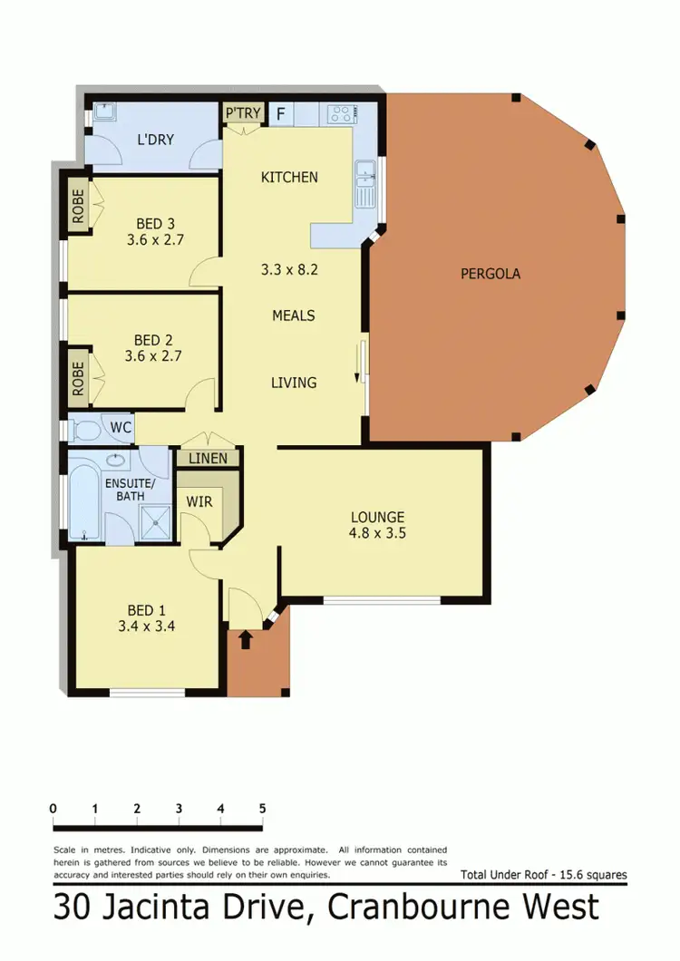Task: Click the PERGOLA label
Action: tap(490, 273)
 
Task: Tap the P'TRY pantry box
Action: tap(243, 113)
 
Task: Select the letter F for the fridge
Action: tap(280, 113)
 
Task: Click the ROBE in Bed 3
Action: tap(78, 207)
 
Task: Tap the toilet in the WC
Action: tap(88, 428)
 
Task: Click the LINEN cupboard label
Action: tap(209, 458)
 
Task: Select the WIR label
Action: tap(199, 501)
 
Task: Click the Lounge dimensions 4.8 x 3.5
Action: tap(377, 533)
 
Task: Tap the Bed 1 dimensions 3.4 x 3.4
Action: tap(146, 626)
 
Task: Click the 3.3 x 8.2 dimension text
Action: tap(289, 269)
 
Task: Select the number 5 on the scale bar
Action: tap(262, 808)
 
